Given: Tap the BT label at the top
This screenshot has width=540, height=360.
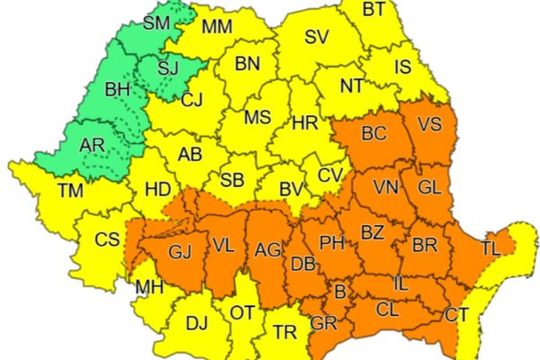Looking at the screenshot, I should (374, 11).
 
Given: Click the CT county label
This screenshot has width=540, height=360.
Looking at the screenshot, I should (457, 315).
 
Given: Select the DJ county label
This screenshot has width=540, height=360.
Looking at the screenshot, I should (195, 323).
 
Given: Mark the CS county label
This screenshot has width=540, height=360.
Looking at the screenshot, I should (108, 239).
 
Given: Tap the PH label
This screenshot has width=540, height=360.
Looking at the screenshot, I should (333, 243).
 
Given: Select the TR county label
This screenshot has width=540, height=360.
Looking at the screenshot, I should (284, 332).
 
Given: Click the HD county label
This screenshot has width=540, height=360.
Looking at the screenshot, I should (157, 190).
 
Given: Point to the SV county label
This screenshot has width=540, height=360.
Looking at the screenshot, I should (316, 38).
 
